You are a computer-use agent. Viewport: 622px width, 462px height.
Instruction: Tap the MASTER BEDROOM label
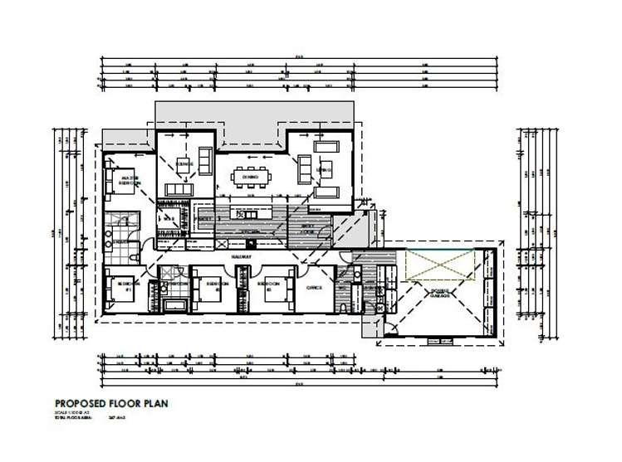pyautogui.click(x=129, y=179)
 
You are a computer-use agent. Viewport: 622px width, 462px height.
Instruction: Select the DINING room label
pyautogui.click(x=250, y=177)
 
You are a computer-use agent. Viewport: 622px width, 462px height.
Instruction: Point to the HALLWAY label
pyautogui.click(x=242, y=257)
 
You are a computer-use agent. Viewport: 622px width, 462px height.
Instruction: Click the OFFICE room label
pyautogui.click(x=314, y=288)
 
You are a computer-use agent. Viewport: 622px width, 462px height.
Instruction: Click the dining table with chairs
pyautogui.click(x=250, y=177)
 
